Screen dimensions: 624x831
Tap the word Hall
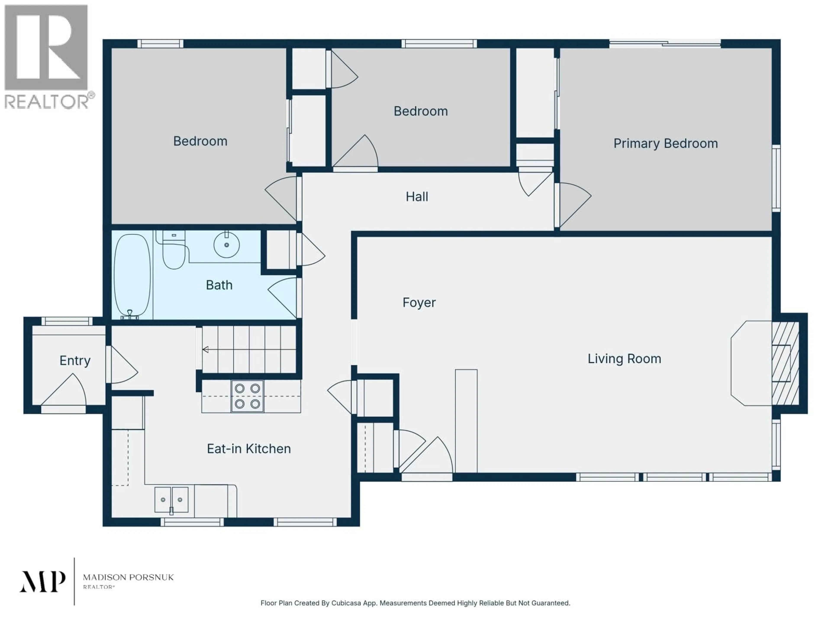tap(417, 197)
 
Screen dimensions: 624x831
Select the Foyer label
tap(419, 302)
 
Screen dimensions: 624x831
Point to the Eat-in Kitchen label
tap(249, 449)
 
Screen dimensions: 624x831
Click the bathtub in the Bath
tap(132, 275)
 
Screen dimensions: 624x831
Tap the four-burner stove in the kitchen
tap(247, 396)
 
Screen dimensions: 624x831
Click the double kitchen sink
tap(171, 499)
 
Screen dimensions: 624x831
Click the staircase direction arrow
tap(206, 350)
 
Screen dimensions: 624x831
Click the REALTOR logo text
tap(47, 102)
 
